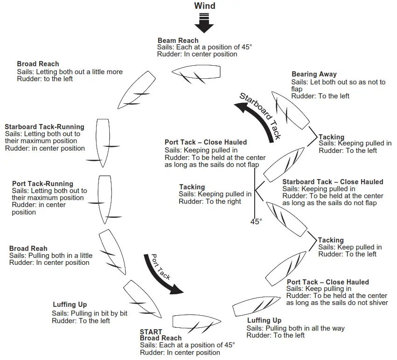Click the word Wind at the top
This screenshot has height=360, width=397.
click(x=205, y=6)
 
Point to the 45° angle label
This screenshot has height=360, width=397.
click(x=257, y=222)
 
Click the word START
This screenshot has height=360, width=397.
click(x=151, y=332)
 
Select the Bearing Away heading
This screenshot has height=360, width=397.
click(x=314, y=74)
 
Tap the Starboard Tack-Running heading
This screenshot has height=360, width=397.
click(x=44, y=127)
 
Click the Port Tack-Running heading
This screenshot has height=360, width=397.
click(x=42, y=184)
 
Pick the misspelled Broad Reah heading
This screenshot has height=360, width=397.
click(x=28, y=249)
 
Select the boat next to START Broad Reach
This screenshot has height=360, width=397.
click(x=196, y=322)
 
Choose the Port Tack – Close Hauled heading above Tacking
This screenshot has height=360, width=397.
click(x=206, y=142)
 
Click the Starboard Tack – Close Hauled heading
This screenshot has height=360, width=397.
click(x=333, y=182)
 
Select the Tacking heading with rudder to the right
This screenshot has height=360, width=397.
click(x=192, y=187)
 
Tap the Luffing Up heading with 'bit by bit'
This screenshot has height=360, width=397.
click(x=70, y=305)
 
